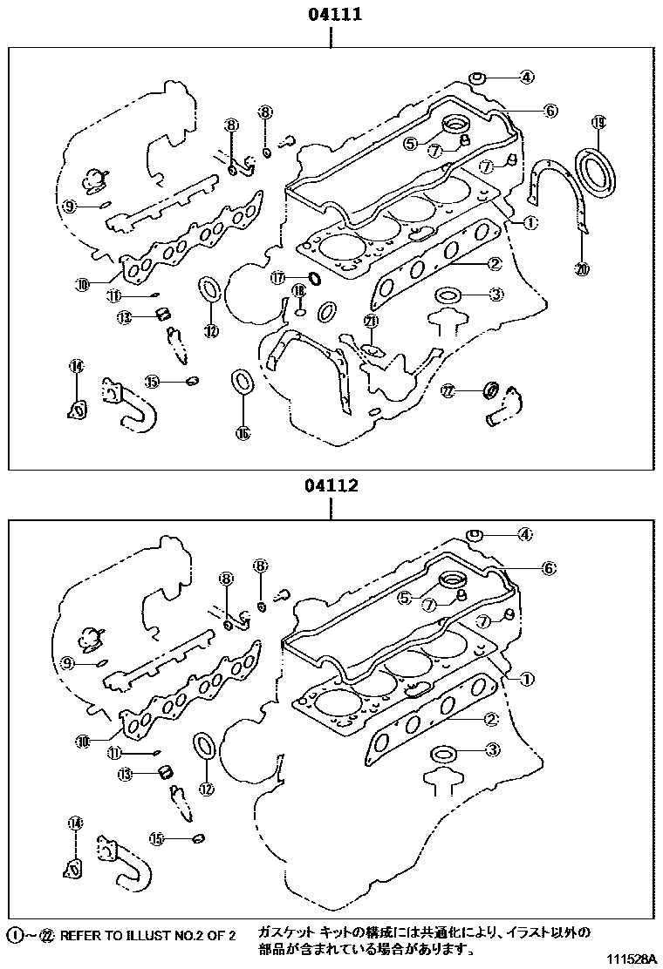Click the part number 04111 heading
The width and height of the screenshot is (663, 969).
332,15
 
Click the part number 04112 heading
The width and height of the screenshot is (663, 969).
331,486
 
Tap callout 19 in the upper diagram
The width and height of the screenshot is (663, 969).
598,122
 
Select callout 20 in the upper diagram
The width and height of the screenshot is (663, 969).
582,269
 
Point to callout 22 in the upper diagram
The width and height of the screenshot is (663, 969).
448,392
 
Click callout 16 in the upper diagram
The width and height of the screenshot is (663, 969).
243,432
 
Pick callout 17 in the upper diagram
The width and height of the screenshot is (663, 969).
277,278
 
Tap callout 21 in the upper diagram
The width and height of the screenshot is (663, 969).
371,322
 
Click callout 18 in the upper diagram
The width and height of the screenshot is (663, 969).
298,290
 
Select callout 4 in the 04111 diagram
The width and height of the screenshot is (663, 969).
526,78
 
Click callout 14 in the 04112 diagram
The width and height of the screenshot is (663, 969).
75,822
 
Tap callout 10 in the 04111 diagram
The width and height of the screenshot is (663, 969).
83,283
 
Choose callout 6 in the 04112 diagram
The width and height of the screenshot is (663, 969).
548,568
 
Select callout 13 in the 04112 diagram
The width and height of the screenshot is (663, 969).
125,774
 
